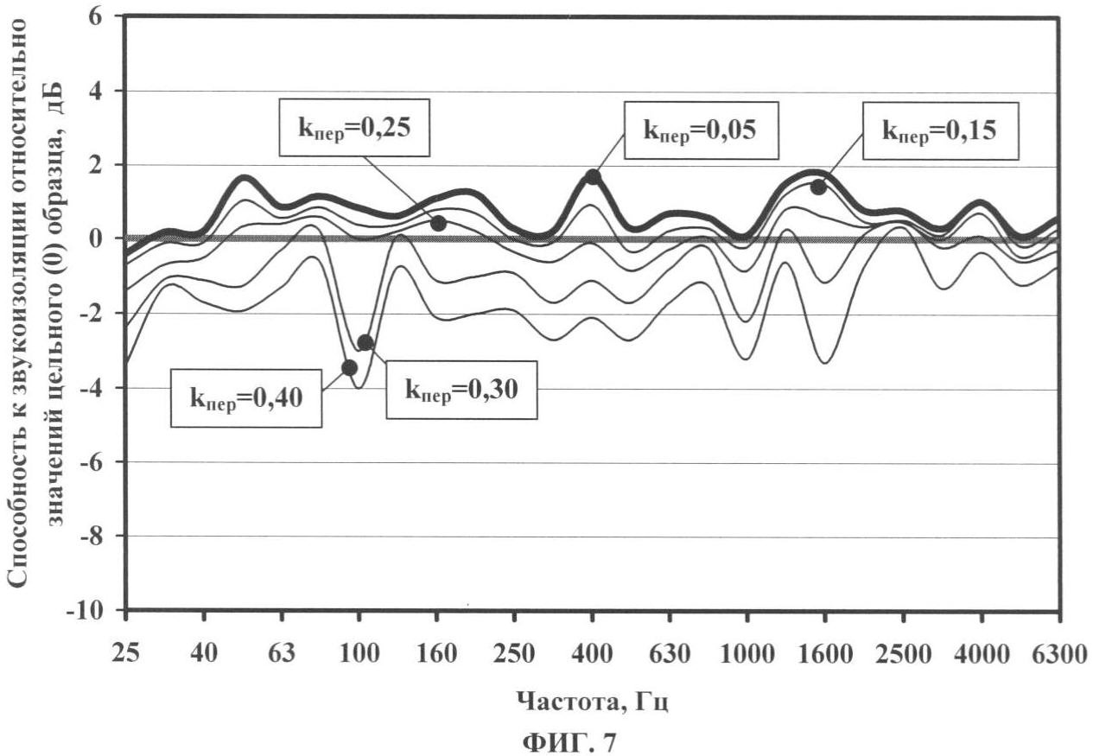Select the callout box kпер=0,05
tap(699, 130)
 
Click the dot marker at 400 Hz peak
tap(593, 177)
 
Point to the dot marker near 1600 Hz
tap(817, 187)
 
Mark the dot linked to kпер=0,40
tap(349, 368)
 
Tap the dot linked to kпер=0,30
tap(365, 342)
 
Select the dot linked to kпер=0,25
tap(438, 223)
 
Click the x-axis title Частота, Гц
tap(592, 701)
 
